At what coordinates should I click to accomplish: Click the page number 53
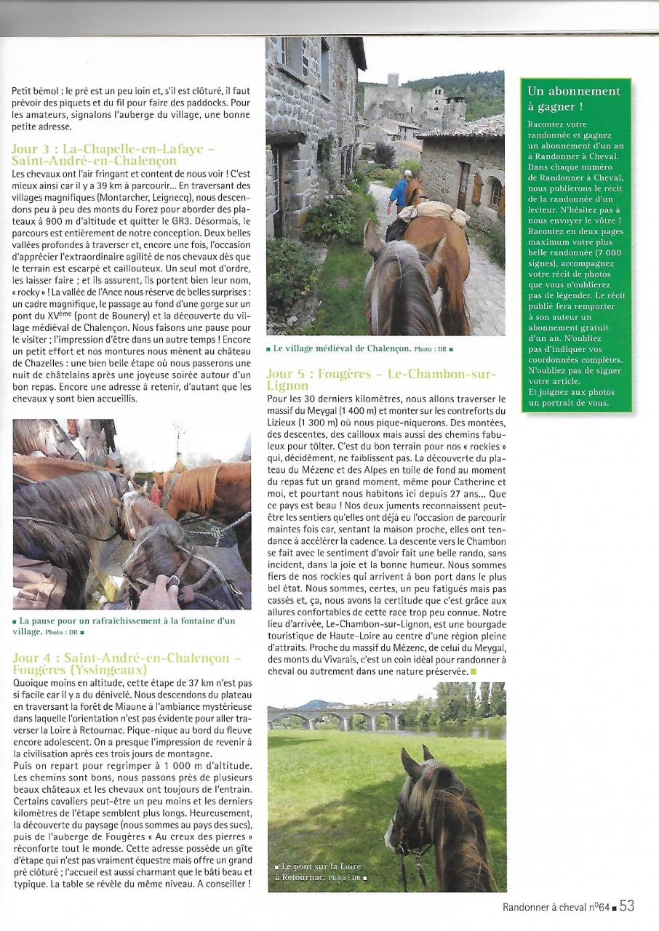[x=628, y=906]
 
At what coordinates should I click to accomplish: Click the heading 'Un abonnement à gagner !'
[x=574, y=98]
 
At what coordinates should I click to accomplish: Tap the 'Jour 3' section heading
[x=113, y=155]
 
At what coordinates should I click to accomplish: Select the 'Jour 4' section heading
[x=127, y=663]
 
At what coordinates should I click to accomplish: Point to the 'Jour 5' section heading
[x=381, y=380]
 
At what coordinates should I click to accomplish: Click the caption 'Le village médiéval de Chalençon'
[x=360, y=349]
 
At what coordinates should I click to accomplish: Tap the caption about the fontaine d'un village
[x=127, y=626]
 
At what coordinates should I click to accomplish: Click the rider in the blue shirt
[x=399, y=191]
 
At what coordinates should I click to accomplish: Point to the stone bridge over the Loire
[x=334, y=719]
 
